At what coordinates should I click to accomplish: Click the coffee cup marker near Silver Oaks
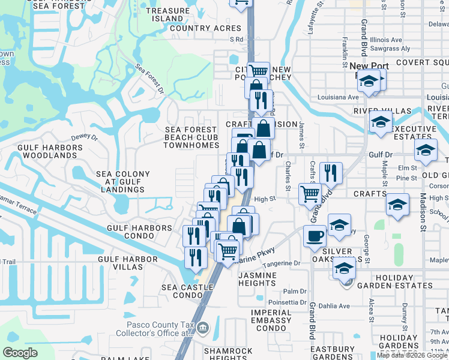coord(315,236)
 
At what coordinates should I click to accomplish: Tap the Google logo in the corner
coord(20,353)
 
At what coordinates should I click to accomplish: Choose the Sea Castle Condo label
coord(187,291)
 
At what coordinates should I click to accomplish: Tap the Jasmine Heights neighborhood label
coord(265,279)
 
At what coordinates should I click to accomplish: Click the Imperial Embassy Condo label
coord(271,316)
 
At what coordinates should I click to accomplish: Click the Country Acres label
coord(205,28)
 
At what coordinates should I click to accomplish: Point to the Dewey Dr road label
coord(84,137)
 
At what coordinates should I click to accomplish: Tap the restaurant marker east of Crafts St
coord(331,173)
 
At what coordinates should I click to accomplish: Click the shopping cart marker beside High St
coord(310,193)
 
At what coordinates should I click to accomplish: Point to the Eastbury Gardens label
coord(332,353)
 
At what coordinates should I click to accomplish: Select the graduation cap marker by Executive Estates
coord(381,122)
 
